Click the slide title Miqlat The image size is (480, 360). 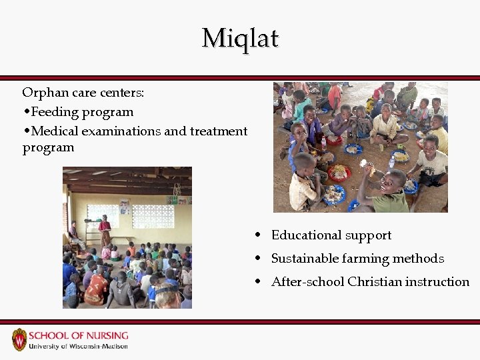click(240, 38)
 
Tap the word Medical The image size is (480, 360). click(55, 131)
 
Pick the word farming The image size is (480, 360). click(365, 259)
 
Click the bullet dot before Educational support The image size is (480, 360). click(257, 235)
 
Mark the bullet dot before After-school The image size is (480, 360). click(257, 282)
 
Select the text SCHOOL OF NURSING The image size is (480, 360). click(79, 335)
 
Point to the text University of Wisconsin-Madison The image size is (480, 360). click(79, 347)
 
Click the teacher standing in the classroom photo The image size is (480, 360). click(105, 231)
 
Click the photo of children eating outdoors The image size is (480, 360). click(360, 147)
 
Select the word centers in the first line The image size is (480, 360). click(124, 93)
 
